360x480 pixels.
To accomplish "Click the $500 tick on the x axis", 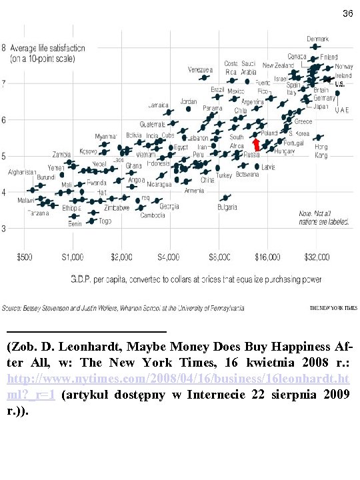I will tap(24, 255).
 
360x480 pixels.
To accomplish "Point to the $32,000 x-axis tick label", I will tap(317, 255).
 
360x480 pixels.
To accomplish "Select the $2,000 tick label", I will tap(122, 255).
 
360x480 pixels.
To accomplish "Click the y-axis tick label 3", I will tap(4, 228).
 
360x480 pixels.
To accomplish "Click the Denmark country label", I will tap(317, 38).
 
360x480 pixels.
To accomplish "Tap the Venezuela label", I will tap(200, 69).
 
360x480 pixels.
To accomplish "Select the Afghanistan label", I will tap(22, 172).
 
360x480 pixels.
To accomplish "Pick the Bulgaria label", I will tap(227, 207).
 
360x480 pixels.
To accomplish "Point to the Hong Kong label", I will tap(321, 151).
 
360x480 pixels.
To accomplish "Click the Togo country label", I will tap(105, 221).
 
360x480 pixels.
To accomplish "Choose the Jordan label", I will tap(189, 101).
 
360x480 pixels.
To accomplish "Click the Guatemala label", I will tap(153, 124).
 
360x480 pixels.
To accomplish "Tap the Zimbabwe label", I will tap(117, 207).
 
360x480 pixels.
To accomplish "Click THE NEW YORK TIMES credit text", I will tap(333, 308).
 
